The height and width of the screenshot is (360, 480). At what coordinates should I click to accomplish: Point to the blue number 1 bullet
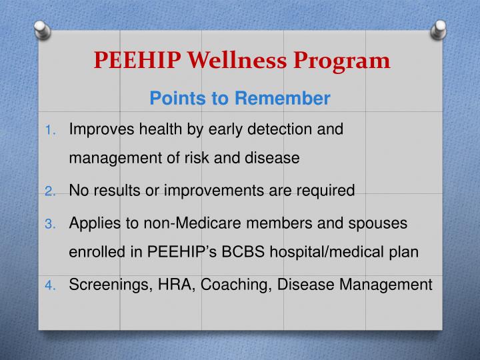[x=51, y=129]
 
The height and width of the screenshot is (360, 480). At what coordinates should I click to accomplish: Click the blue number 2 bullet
[x=51, y=191]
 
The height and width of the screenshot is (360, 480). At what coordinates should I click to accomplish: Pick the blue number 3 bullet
[x=51, y=223]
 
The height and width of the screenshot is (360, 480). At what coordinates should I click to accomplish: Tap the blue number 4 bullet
[x=51, y=285]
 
